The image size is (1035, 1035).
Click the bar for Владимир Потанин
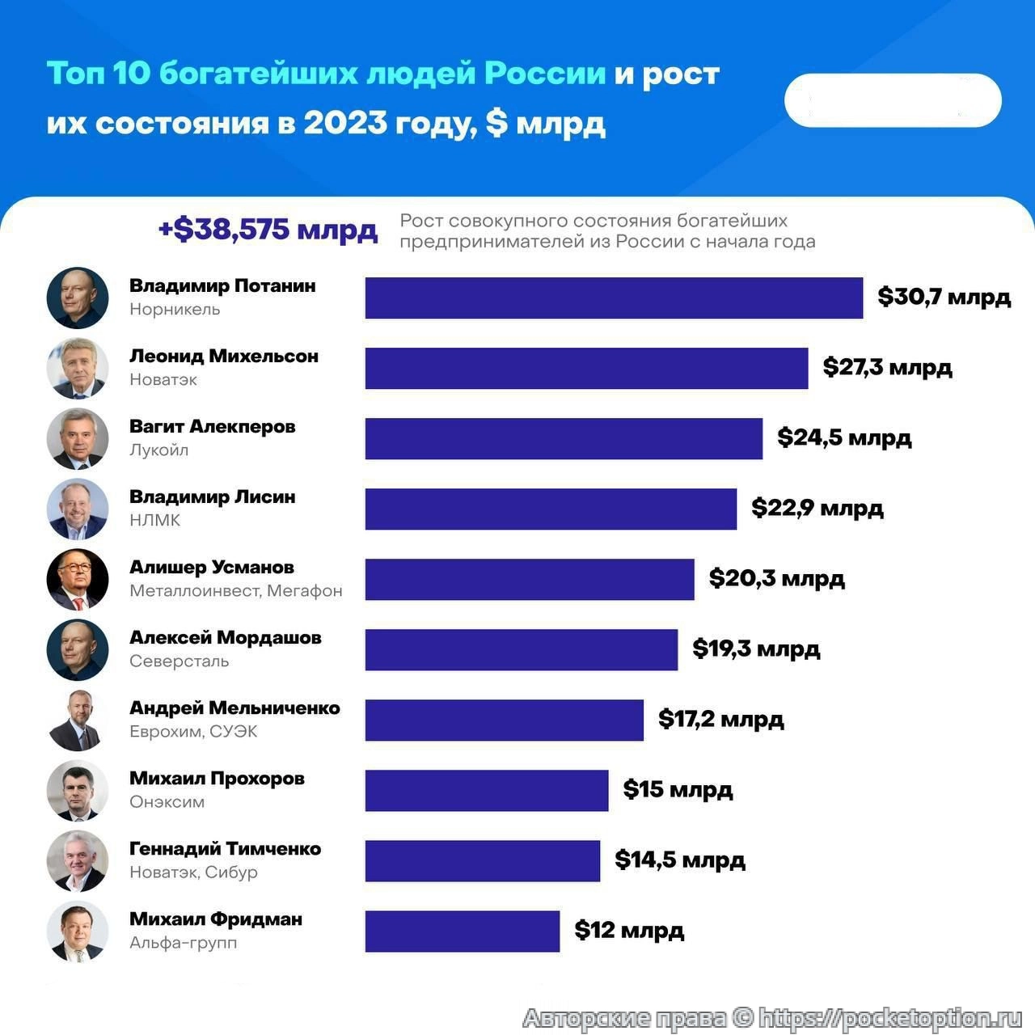click(x=614, y=298)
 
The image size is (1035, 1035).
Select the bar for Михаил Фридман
click(x=462, y=931)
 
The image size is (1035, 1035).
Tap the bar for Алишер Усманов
click(x=529, y=579)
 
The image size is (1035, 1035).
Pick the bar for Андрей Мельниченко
click(x=504, y=720)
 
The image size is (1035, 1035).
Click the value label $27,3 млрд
click(x=887, y=367)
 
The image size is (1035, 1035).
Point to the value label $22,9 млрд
click(x=817, y=508)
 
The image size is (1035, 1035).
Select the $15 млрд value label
click(x=678, y=789)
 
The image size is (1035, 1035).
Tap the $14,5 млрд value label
click(x=679, y=860)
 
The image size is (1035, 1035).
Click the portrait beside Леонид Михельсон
click(x=78, y=368)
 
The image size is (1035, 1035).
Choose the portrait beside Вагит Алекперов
click(x=78, y=438)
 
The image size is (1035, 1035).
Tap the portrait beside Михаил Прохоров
click(x=78, y=790)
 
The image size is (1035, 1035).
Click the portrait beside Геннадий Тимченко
click(x=78, y=860)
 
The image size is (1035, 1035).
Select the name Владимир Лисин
click(x=212, y=496)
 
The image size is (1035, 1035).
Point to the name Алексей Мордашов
click(x=225, y=637)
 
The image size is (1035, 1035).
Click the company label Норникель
click(x=175, y=309)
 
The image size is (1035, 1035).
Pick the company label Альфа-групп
click(x=183, y=942)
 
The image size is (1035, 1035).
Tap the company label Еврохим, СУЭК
click(x=193, y=731)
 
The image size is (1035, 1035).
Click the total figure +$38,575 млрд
click(x=268, y=230)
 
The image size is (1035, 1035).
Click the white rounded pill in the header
click(x=893, y=100)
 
